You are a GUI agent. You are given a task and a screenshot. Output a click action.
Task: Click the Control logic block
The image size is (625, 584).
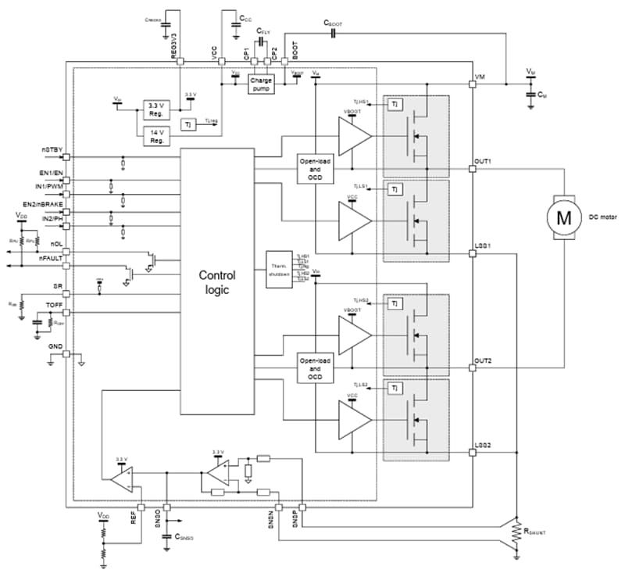pyautogui.click(x=216, y=281)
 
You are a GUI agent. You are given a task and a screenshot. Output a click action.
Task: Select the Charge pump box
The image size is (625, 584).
pyautogui.click(x=260, y=84)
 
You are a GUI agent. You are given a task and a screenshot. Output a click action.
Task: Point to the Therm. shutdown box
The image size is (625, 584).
pyautogui.click(x=278, y=269)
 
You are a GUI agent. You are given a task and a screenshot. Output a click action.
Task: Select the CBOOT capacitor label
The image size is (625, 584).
pyautogui.click(x=334, y=24)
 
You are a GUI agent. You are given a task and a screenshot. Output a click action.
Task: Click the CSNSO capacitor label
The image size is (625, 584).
pyautogui.click(x=188, y=538)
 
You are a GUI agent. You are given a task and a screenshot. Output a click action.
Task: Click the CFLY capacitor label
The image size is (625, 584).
pyautogui.click(x=265, y=30)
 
